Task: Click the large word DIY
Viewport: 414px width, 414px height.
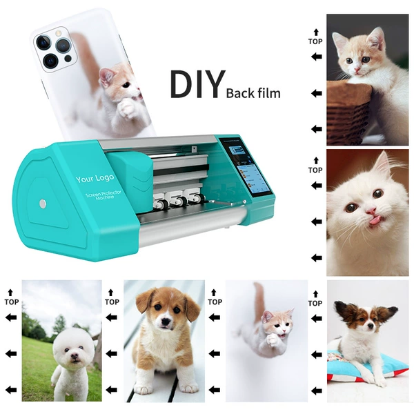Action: coord(197,84)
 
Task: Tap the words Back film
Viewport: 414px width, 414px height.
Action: coord(253,93)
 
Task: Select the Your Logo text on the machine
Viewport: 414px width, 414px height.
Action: coord(95,178)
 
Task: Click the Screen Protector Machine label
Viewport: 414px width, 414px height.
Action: coord(103,195)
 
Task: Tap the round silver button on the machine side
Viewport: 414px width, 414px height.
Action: coord(43,204)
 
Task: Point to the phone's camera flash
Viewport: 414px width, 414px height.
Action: coord(58,33)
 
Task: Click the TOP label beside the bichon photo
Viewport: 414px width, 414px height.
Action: coord(11,302)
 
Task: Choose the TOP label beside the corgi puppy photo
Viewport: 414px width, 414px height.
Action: coord(112,302)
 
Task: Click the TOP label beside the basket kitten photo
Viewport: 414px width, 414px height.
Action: coord(315,41)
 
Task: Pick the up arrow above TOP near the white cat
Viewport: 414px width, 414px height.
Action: coord(316,161)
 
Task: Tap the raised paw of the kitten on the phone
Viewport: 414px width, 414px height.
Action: coord(126,108)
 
